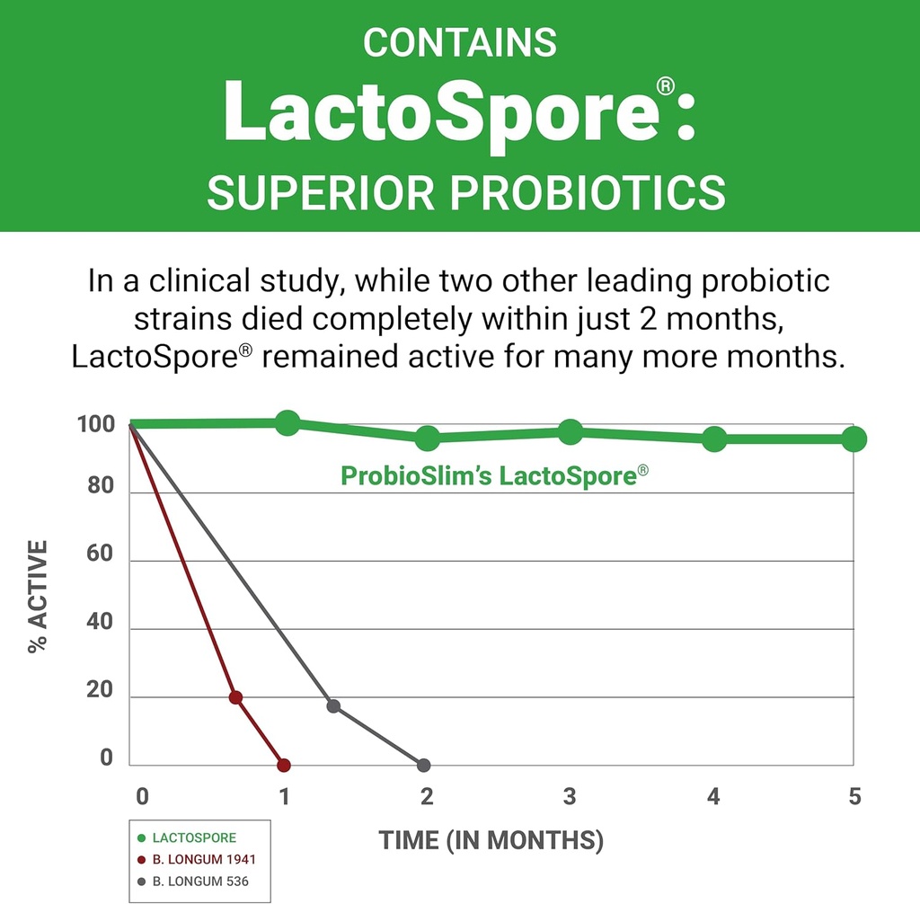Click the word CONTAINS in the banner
pos(460,42)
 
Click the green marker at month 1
pos(287,422)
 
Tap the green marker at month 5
pos(854,439)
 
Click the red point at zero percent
pos(284,766)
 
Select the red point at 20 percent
pos(235,697)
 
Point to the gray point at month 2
pos(424,766)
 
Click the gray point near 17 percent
pos(333,706)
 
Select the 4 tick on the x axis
pos(713,797)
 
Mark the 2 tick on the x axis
pos(427,797)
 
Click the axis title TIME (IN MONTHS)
pos(491,841)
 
